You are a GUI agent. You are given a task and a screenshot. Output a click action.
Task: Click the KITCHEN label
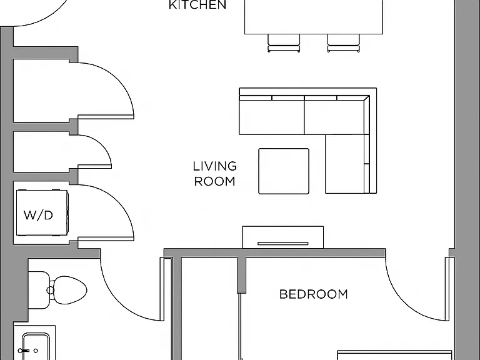pos(197,4)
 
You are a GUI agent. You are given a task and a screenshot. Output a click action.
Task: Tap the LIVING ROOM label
pos(215,174)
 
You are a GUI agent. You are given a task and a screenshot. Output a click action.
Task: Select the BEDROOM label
pos(314,294)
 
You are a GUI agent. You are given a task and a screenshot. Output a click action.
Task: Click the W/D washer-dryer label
pos(38,215)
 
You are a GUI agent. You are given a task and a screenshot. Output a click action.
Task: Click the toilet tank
pos(39,290)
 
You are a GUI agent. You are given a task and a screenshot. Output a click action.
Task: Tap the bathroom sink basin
pos(36,346)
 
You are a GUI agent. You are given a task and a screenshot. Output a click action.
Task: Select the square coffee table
pos(284,171)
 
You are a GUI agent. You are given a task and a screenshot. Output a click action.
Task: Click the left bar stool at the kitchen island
pos(284,43)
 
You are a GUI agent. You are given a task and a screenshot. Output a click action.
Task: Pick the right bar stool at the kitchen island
pos(344,43)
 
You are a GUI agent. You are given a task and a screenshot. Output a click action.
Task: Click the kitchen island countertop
pos(314,17)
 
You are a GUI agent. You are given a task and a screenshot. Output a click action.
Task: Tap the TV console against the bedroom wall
pos(283,237)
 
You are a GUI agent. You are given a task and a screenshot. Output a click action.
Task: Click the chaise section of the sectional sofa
pos(347,164)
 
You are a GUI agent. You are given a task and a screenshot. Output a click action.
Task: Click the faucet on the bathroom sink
pos(24,351)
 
